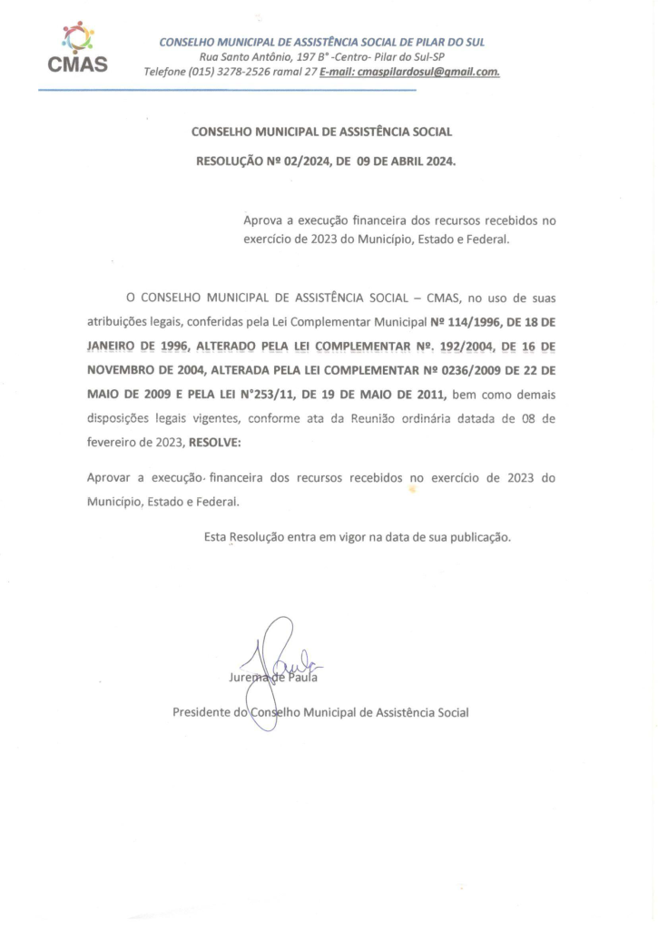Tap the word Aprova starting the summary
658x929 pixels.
tap(265, 220)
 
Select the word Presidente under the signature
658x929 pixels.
tap(201, 712)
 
